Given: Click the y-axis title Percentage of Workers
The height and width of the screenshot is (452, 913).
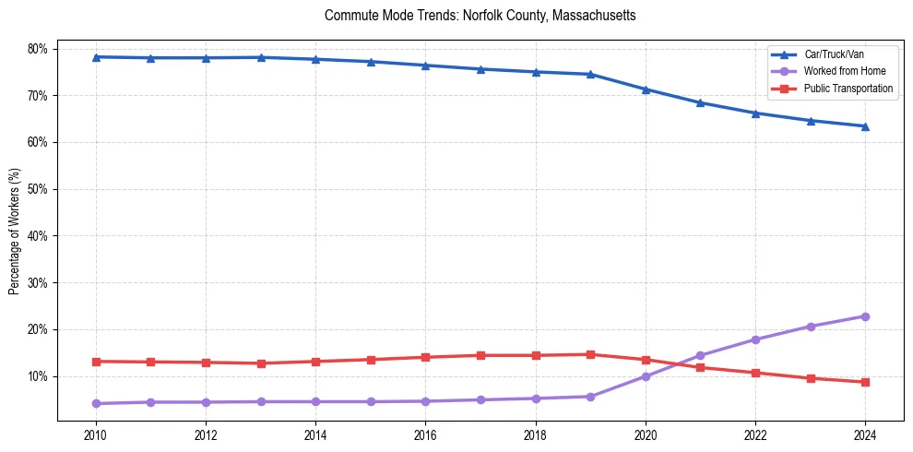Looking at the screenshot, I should [15, 231].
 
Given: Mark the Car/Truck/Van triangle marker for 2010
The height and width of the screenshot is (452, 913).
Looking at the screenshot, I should [95, 57].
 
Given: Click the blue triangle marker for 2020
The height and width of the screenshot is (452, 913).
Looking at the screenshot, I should [646, 89].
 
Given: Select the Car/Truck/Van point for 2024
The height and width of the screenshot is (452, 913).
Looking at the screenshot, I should [865, 126].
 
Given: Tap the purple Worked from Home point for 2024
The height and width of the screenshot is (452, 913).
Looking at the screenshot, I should [865, 316].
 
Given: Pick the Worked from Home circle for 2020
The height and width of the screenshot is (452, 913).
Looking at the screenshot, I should [646, 376].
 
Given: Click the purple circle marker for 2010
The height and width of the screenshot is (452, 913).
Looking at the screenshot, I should [95, 403].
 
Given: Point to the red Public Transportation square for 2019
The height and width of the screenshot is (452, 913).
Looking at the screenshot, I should [590, 354].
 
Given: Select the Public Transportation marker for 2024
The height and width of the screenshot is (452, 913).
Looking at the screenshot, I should [865, 382].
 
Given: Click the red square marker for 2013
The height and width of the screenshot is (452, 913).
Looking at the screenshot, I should [260, 363].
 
